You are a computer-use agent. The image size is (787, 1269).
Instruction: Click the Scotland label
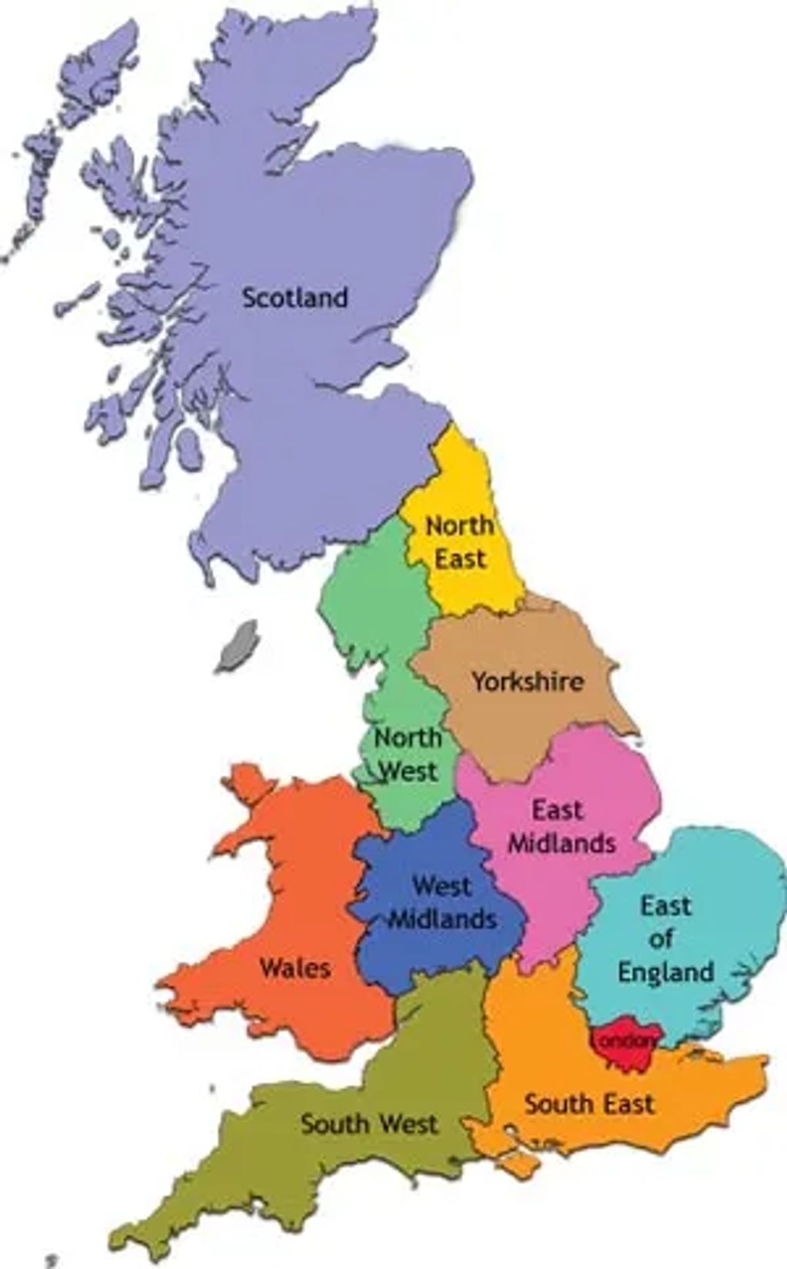[295, 298]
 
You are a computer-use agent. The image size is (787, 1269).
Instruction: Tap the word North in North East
[459, 526]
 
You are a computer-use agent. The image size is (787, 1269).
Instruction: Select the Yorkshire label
[528, 681]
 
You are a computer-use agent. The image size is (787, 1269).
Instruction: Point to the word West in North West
[409, 771]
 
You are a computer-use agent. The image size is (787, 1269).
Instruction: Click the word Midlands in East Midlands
[562, 843]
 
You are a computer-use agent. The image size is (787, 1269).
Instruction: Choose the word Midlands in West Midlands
[442, 919]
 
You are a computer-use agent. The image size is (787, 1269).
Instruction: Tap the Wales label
[296, 968]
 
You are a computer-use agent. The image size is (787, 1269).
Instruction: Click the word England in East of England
[666, 971]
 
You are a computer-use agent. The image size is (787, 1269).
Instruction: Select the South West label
[369, 1124]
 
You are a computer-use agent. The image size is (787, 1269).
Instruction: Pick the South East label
[589, 1104]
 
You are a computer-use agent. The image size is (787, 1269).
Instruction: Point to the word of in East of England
[662, 938]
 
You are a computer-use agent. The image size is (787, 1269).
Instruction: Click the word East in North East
[461, 558]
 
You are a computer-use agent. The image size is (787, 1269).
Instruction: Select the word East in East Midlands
[558, 810]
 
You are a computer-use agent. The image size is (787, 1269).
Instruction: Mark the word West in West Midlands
[442, 885]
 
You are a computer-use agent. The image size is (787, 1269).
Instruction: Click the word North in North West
[408, 738]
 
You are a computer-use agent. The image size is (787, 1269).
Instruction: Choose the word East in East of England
[666, 905]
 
